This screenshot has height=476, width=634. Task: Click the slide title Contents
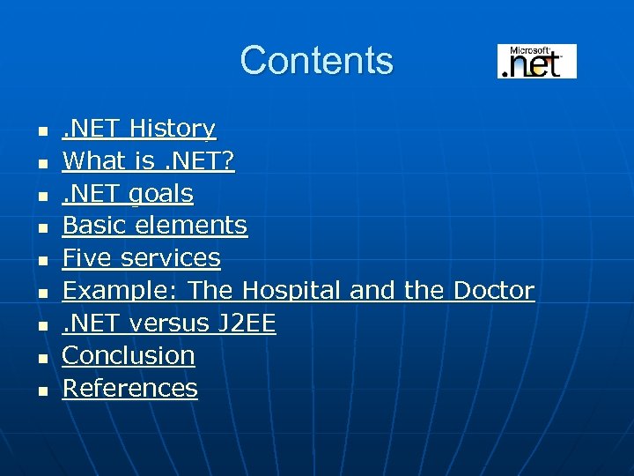point(316,61)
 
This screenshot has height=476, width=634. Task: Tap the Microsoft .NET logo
point(536,61)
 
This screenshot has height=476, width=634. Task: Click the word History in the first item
point(172,129)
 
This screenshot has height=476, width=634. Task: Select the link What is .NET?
point(148,161)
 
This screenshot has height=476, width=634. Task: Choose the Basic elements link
point(154,226)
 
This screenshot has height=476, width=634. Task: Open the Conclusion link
point(129,356)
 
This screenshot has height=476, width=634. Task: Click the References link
point(129,389)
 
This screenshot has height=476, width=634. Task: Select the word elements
point(191,226)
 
